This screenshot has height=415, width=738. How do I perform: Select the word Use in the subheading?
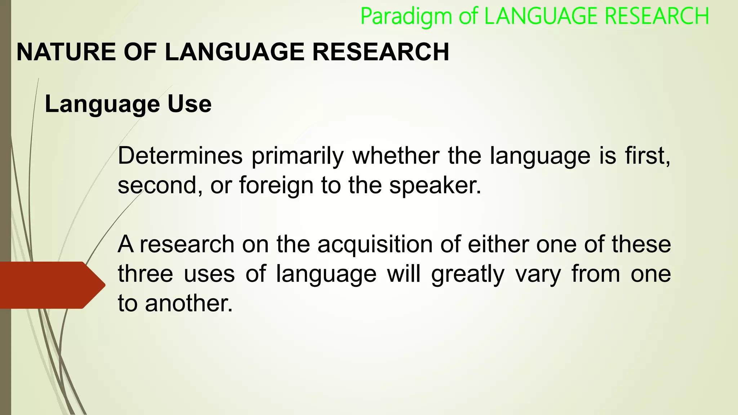coord(189,104)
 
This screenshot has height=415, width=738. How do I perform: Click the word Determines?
coord(180,156)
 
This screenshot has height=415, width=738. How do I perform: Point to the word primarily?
coord(298,157)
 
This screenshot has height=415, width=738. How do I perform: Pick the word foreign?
coord(276,186)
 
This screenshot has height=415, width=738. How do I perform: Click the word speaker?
coord(435,186)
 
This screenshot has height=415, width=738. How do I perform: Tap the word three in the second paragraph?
coord(146,274)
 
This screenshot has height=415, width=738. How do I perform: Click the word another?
coord(189,304)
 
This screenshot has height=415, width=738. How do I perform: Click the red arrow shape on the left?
coord(50,285)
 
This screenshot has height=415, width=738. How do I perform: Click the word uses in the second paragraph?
coord(209,274)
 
